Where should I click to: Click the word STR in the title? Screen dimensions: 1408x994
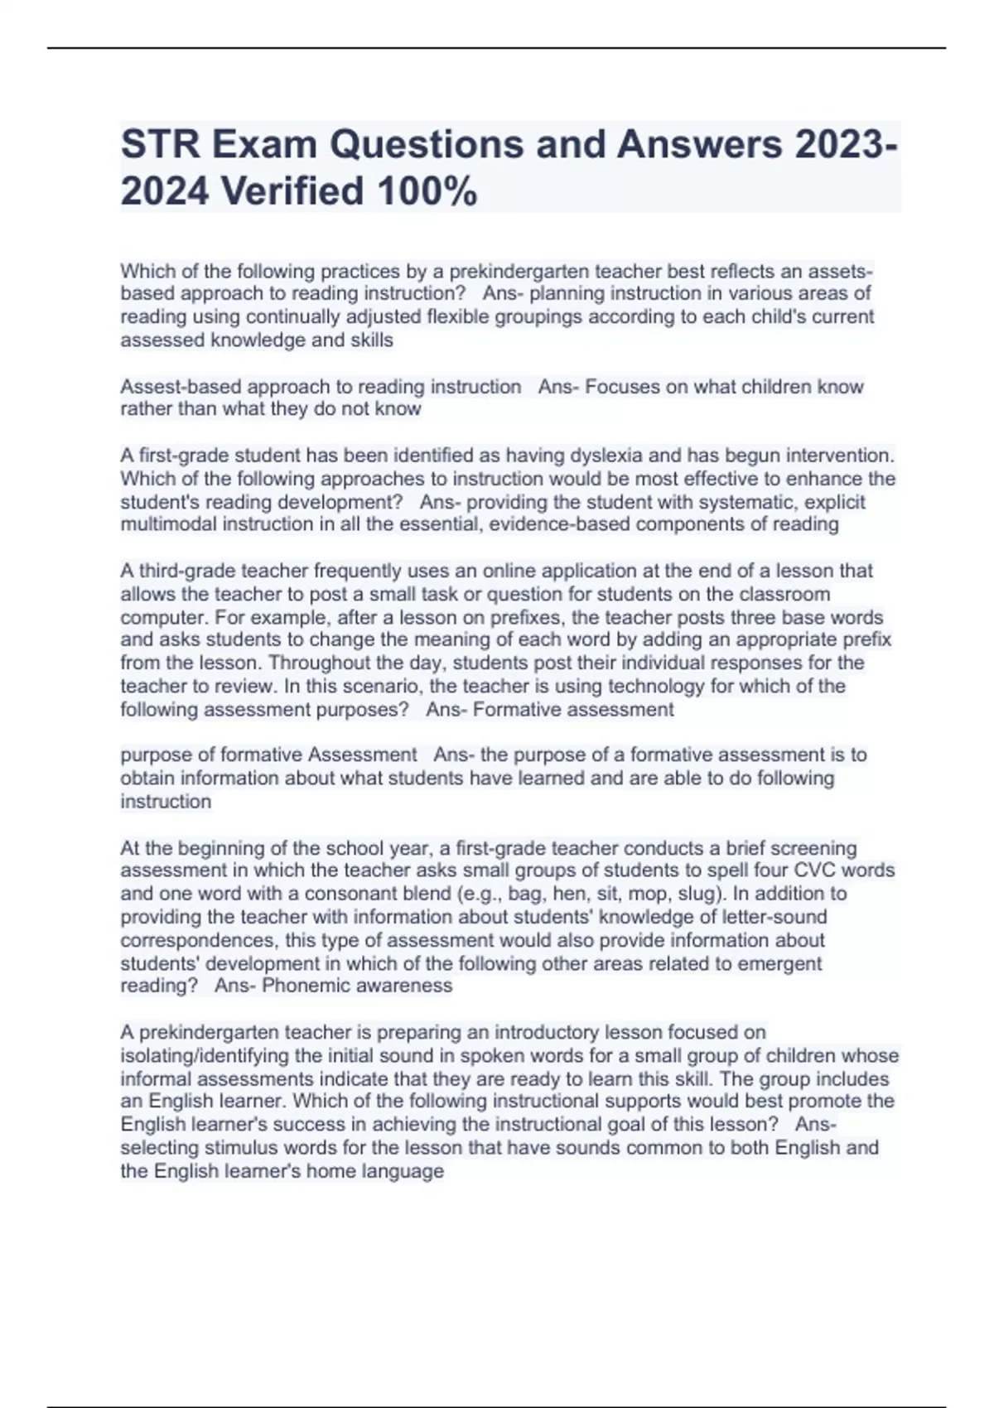(160, 145)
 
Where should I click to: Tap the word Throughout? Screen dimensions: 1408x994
(319, 663)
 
